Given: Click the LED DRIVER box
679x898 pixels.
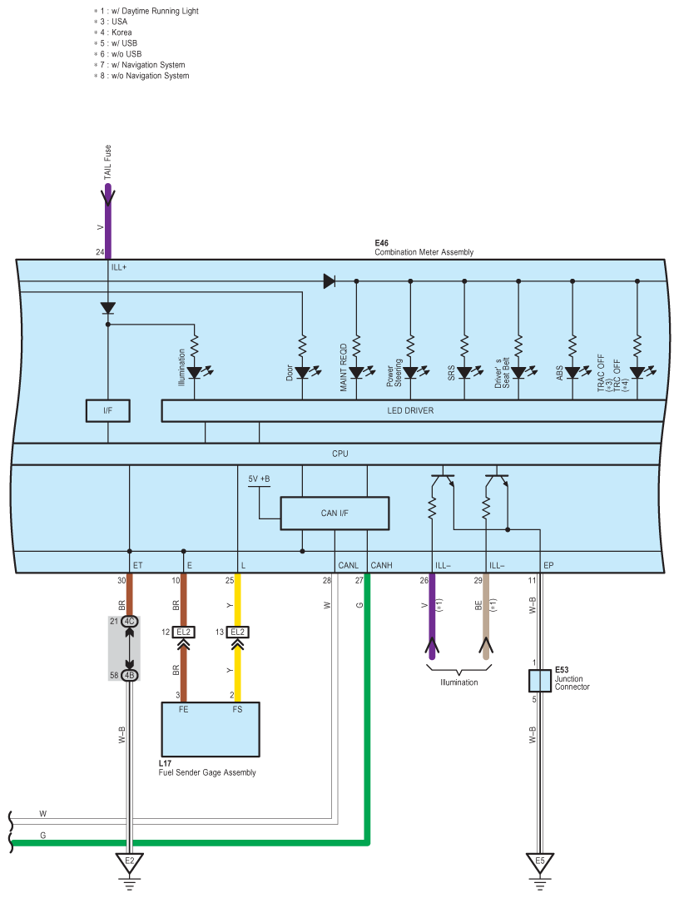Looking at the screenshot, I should click(x=410, y=410).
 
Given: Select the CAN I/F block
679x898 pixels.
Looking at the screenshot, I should click(x=335, y=513).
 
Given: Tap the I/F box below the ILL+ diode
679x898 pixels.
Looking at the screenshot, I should click(x=107, y=410).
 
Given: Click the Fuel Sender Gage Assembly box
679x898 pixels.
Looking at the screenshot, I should click(x=210, y=729).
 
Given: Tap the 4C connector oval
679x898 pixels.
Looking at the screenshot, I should click(x=129, y=622).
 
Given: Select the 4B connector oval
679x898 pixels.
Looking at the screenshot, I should click(x=129, y=675).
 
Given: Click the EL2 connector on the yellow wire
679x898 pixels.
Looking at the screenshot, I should click(x=237, y=632).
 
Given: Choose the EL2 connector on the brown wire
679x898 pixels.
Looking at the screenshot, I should click(x=183, y=632).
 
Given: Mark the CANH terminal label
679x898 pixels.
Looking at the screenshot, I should click(x=381, y=566).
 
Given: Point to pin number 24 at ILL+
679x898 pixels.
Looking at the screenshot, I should click(x=100, y=251).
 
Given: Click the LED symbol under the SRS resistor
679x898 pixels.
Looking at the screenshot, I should click(x=464, y=373).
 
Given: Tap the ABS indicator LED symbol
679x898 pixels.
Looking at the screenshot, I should click(x=572, y=373).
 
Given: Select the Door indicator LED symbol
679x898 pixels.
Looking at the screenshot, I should click(x=303, y=373).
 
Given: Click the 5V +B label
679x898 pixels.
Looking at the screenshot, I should click(x=259, y=479).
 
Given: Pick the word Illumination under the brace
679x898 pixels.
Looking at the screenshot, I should click(x=459, y=682).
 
